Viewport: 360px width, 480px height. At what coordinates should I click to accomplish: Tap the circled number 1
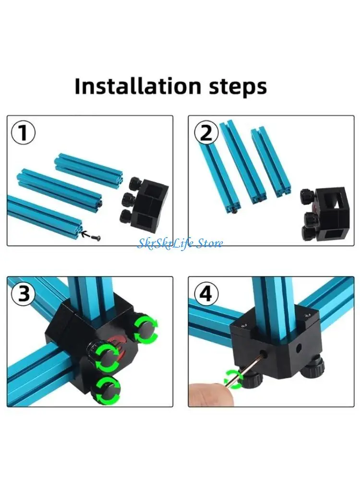[x=23, y=133]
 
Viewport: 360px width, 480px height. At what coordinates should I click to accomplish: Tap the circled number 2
[x=206, y=133]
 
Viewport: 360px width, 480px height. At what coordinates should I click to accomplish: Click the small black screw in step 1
[x=97, y=237]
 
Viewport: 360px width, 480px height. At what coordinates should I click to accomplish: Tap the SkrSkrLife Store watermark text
[x=180, y=244]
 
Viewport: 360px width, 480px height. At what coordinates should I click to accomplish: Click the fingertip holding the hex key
[x=212, y=394]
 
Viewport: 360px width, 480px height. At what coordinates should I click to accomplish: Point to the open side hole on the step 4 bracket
[x=299, y=348]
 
